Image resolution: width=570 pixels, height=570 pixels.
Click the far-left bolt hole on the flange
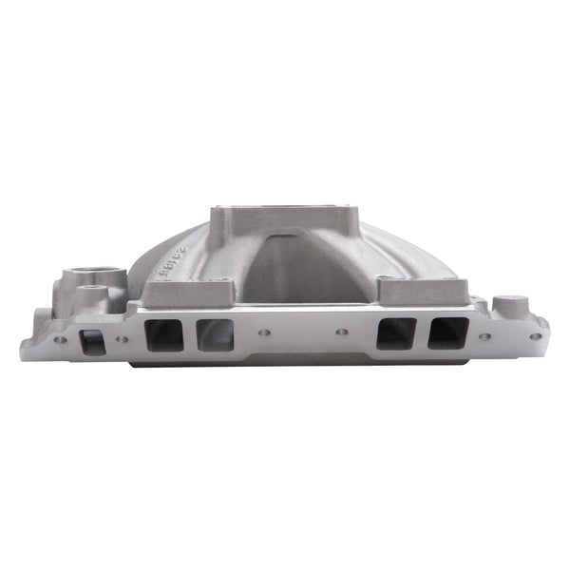click(60, 338)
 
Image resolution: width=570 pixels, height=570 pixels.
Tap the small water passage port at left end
click(93, 341)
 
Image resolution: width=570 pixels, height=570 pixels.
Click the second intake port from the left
click(215, 334)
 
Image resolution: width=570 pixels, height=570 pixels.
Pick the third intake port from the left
click(395, 333)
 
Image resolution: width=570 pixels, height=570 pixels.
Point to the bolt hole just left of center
click(264, 333)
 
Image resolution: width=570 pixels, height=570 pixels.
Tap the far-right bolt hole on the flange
click(535, 335)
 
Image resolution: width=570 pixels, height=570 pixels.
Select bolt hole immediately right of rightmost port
click(484, 335)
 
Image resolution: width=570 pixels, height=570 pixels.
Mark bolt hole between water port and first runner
click(122, 338)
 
